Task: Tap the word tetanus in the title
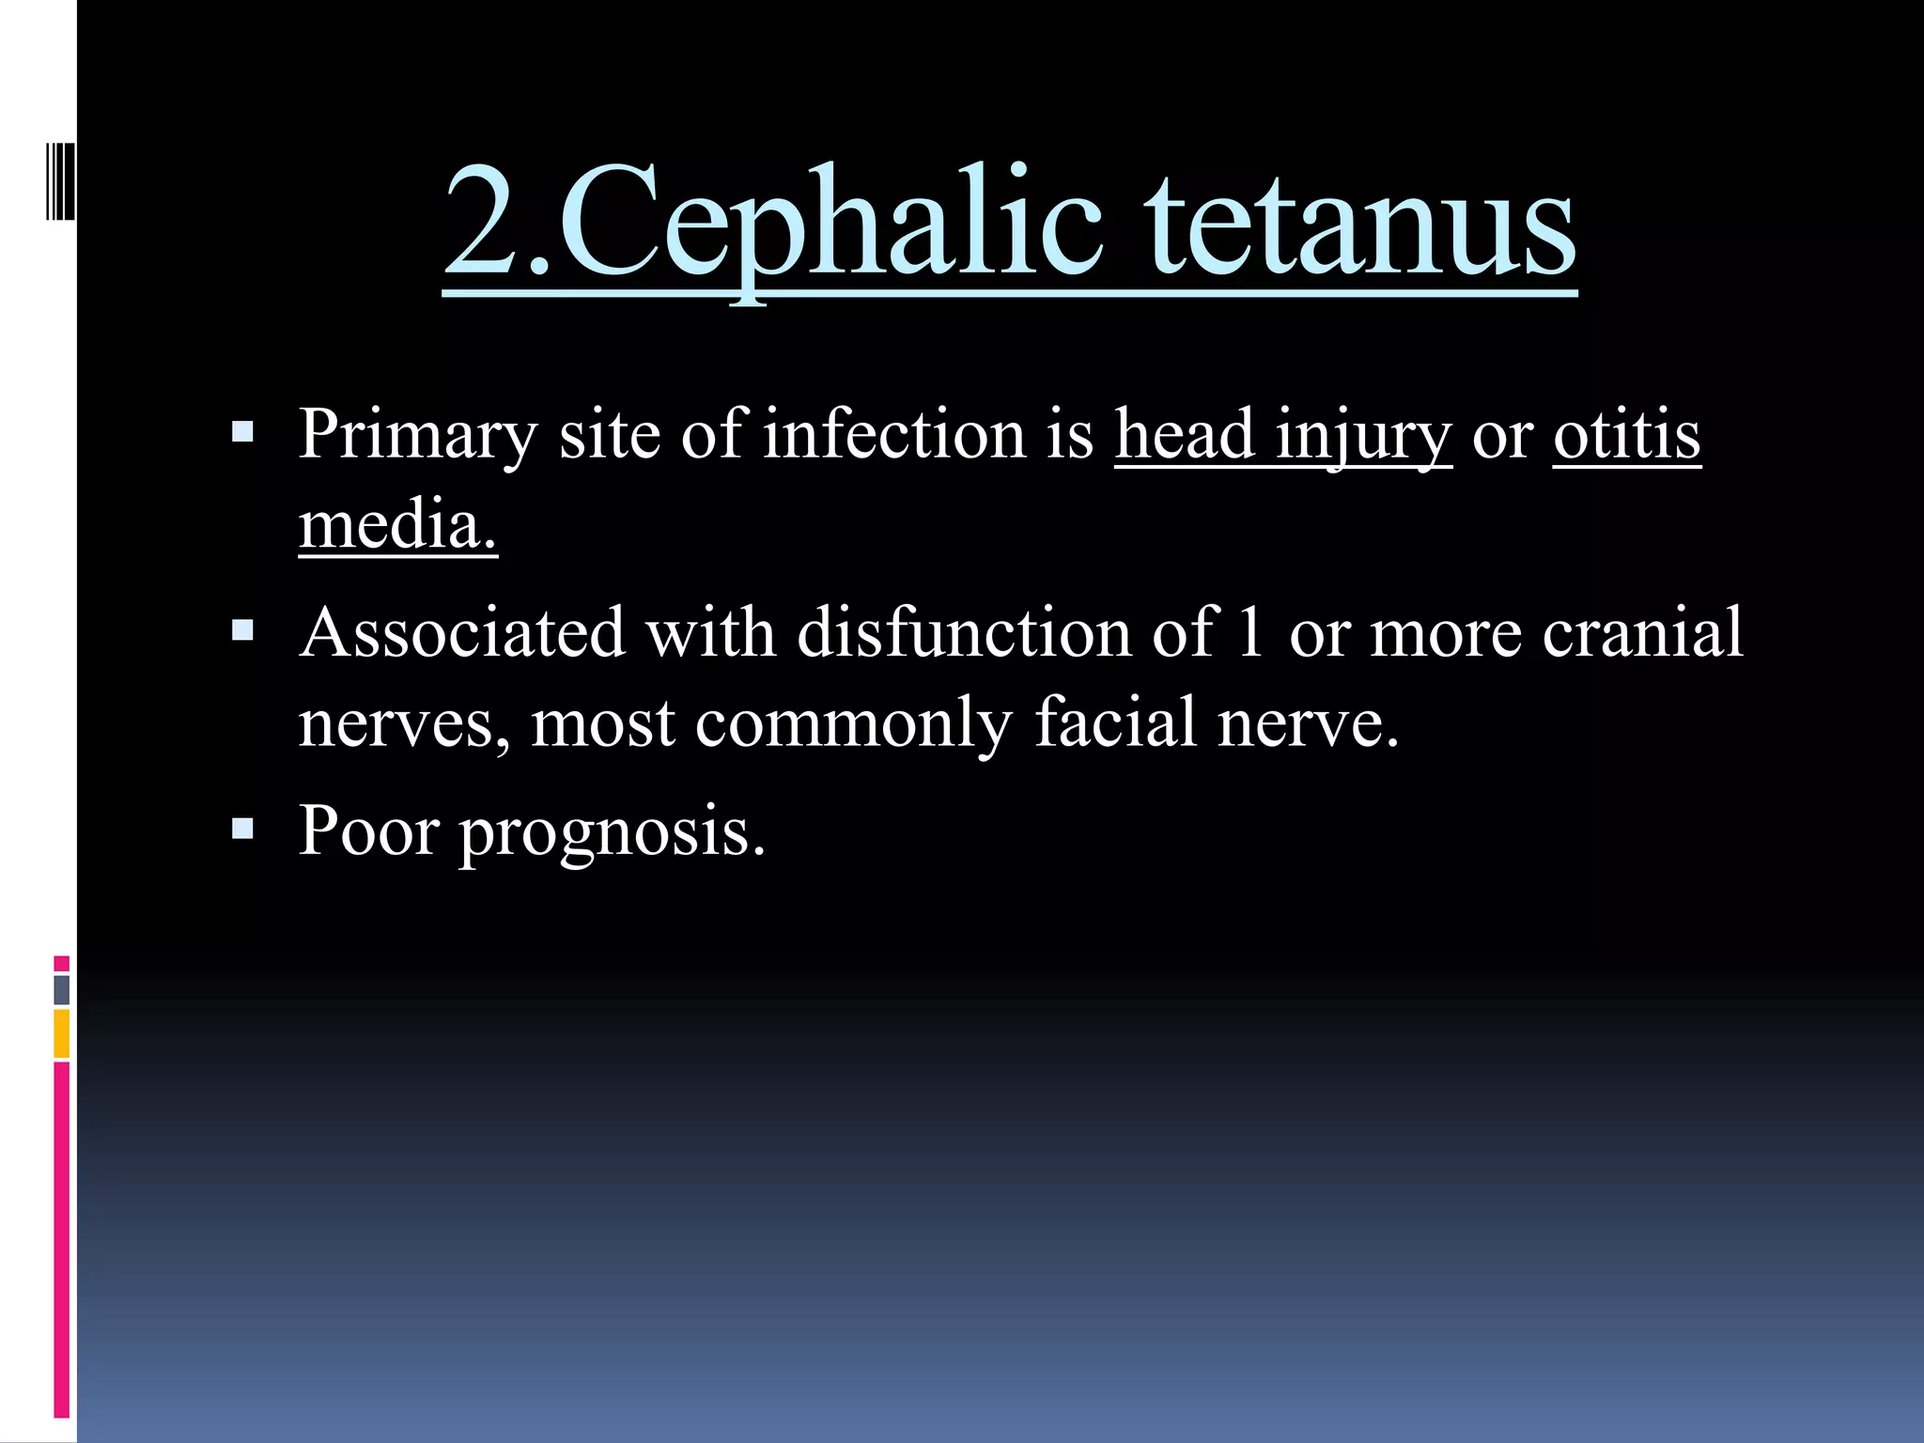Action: click(1362, 225)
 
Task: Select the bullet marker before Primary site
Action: click(242, 432)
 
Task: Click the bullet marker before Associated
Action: click(242, 630)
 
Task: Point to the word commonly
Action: click(854, 723)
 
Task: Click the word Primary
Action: click(417, 436)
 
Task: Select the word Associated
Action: click(462, 631)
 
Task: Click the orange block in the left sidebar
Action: click(61, 1033)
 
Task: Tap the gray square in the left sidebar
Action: click(61, 989)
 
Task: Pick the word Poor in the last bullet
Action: click(368, 830)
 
